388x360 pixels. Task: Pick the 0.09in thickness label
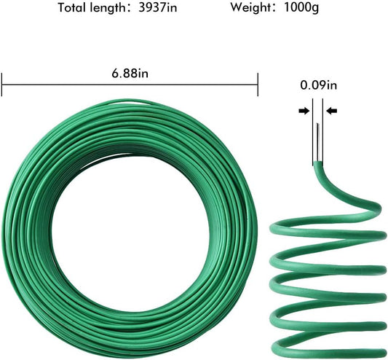click(319, 85)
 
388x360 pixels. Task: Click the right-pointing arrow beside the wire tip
click(302, 111)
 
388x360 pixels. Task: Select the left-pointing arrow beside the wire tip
click(331, 111)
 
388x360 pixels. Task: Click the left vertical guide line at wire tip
click(314, 131)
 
